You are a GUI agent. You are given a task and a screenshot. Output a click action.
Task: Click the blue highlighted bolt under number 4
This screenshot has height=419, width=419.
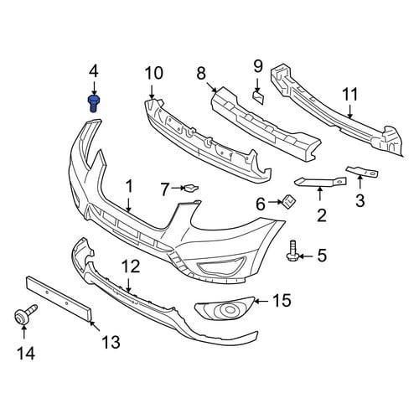[x=94, y=104]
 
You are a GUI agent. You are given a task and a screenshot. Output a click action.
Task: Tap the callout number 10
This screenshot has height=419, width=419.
[x=154, y=73]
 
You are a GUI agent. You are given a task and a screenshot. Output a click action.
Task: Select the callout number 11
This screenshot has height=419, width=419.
[x=349, y=94]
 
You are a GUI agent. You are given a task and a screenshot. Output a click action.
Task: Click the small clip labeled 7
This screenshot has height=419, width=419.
[x=191, y=188]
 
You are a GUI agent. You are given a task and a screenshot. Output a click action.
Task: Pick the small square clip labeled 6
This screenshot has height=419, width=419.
[x=288, y=202]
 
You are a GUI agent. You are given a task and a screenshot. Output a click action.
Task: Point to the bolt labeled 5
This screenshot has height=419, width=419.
[x=292, y=251]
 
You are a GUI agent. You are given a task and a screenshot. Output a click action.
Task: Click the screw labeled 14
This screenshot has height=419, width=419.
[x=25, y=315]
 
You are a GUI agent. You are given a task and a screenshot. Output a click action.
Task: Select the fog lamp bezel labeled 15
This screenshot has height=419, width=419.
[x=225, y=309]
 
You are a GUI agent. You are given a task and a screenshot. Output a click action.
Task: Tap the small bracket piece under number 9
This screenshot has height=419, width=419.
[x=259, y=97]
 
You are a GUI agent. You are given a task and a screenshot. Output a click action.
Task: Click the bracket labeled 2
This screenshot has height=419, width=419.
[x=320, y=181]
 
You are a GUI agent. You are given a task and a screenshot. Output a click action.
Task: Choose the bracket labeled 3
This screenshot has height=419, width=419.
[x=362, y=172]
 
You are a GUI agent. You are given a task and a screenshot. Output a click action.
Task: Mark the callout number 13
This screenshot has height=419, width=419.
[x=111, y=342]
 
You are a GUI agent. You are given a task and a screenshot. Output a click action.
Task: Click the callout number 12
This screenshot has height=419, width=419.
[x=131, y=266]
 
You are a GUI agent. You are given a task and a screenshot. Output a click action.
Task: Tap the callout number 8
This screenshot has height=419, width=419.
[x=201, y=74]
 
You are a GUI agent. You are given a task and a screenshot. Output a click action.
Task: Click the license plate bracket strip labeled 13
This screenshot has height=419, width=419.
[x=59, y=299]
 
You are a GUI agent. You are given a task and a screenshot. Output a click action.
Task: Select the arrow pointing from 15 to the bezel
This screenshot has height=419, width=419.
[x=261, y=301]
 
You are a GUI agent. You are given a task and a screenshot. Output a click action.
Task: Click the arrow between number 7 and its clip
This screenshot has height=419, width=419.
[x=178, y=189]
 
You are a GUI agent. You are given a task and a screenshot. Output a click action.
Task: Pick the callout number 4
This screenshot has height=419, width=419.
[x=94, y=71]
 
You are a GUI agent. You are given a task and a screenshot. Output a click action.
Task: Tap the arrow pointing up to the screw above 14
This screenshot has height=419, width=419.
[x=24, y=333]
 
